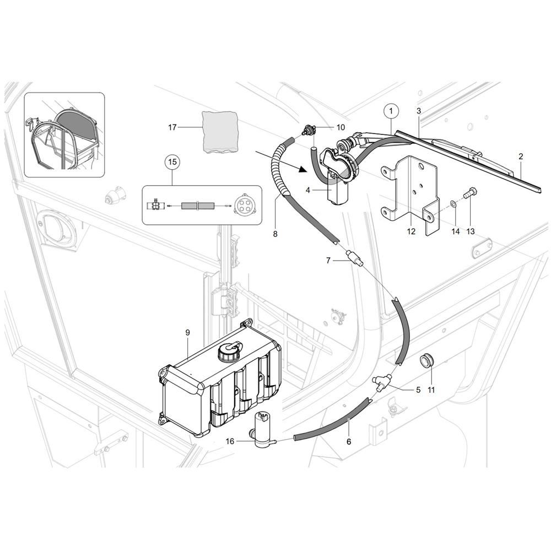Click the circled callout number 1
[391, 111]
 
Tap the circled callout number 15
[172, 162]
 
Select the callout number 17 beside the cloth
[172, 127]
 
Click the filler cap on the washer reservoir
[229, 350]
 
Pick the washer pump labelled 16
[264, 429]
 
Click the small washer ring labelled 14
[454, 203]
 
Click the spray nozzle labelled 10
[308, 130]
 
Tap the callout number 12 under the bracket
[411, 231]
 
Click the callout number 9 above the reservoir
[187, 332]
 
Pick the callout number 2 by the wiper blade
[521, 156]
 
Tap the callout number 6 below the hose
[349, 441]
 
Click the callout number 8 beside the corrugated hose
[275, 234]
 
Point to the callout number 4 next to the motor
[308, 190]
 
